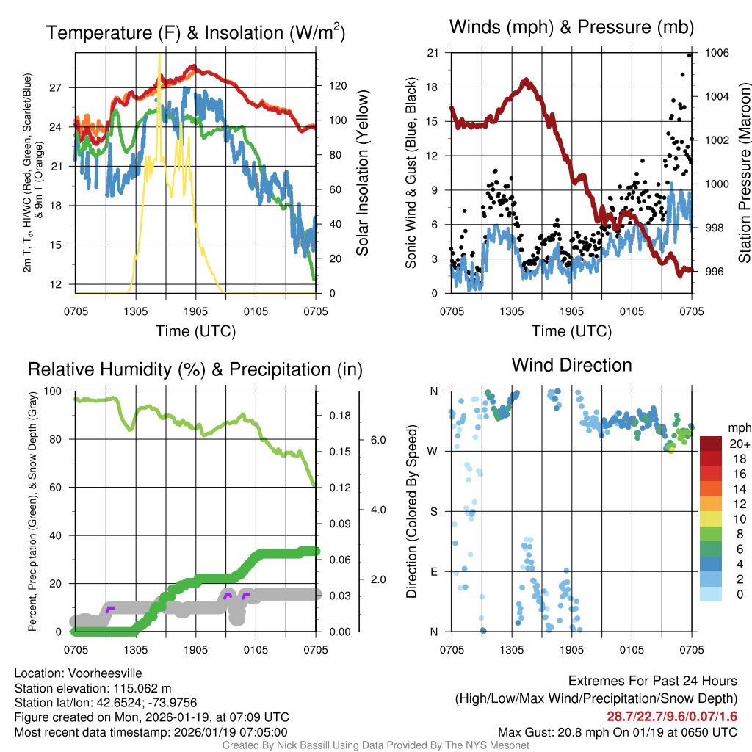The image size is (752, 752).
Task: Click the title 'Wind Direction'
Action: (571, 365)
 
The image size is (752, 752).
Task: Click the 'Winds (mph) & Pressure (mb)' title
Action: (571, 28)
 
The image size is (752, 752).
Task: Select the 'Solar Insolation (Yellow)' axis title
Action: (362, 173)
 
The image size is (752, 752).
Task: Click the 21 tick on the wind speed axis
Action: (433, 53)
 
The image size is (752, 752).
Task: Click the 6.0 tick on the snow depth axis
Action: (377, 441)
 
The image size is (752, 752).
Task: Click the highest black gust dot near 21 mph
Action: (690, 55)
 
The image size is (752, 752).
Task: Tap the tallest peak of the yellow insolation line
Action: (159, 56)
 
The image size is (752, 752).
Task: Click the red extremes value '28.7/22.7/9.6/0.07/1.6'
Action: (672, 717)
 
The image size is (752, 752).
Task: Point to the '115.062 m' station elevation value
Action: (142, 688)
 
